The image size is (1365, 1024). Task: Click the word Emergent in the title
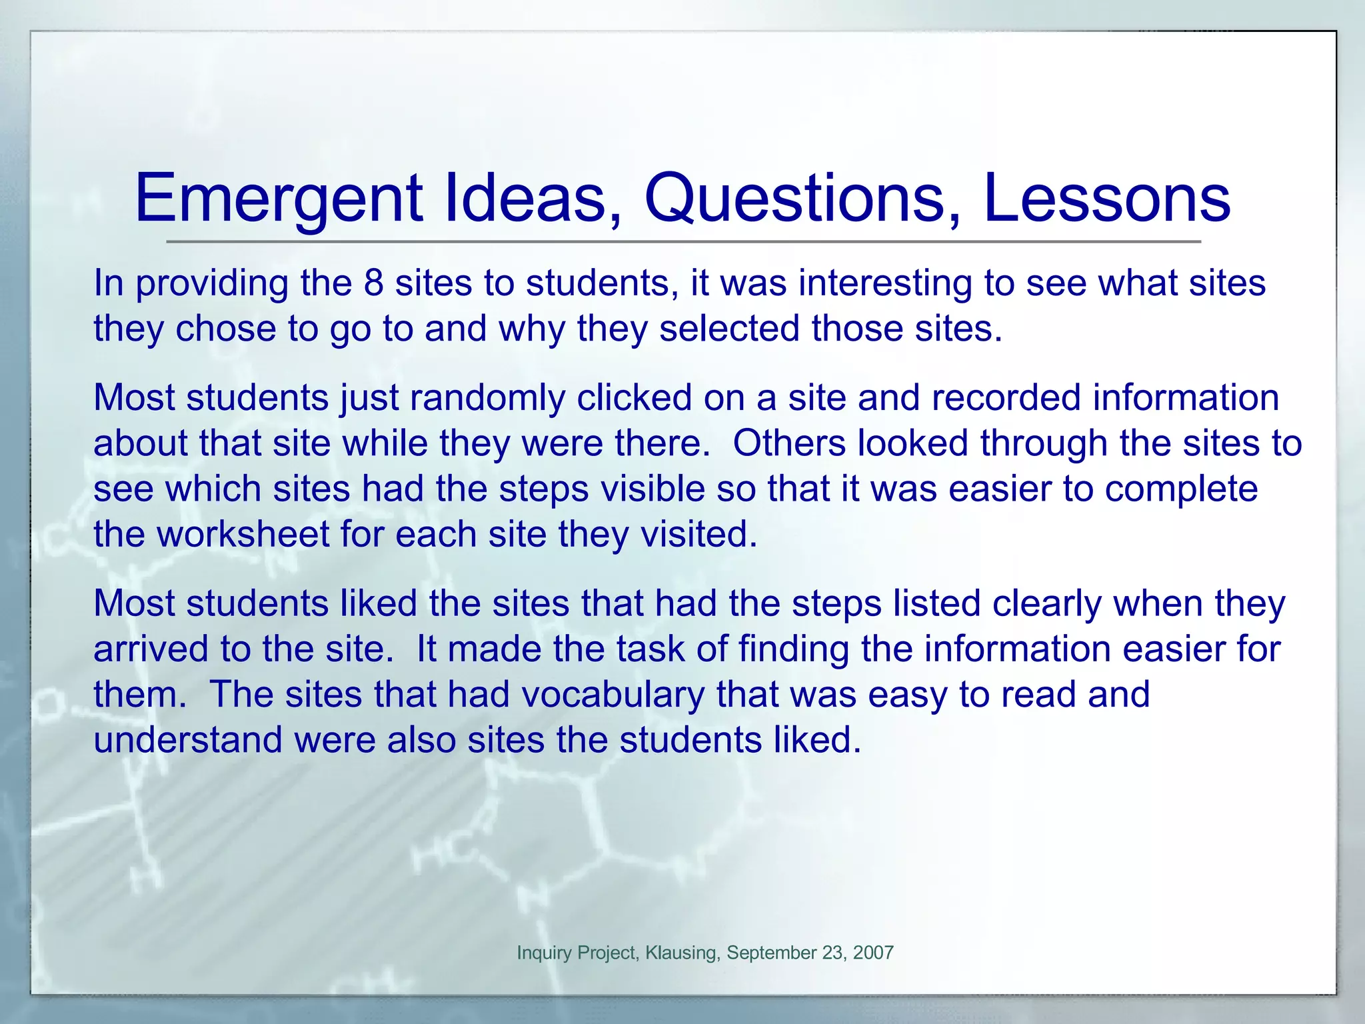tap(279, 199)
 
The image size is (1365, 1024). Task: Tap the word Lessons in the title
tap(1106, 199)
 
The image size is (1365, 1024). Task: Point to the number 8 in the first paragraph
tap(374, 283)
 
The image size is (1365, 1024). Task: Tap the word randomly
tap(487, 398)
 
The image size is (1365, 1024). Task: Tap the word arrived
tap(151, 649)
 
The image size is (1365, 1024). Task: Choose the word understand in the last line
tap(188, 740)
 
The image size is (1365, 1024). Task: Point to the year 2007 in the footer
tap(873, 953)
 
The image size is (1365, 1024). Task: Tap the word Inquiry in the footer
tap(544, 953)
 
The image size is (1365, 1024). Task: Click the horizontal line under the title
tap(682, 241)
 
